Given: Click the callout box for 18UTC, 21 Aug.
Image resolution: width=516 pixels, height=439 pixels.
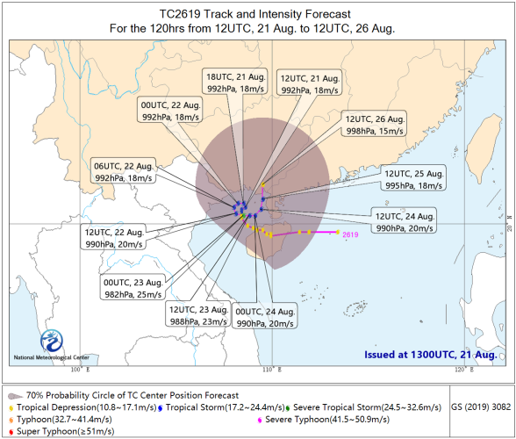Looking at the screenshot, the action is tap(235, 82).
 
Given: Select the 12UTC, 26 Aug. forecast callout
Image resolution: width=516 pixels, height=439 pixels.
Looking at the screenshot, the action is tap(374, 124).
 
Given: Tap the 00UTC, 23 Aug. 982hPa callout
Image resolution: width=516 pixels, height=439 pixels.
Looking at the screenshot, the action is tap(133, 287).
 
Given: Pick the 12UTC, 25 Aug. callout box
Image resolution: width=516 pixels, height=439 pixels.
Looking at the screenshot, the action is tap(413, 178).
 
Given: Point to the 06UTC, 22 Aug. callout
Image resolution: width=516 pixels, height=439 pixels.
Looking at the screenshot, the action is tap(123, 170).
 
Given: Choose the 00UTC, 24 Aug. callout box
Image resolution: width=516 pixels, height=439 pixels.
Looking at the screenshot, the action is tap(265, 316).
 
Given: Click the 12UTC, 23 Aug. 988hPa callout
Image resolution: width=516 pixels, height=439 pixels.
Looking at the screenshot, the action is tap(198, 314).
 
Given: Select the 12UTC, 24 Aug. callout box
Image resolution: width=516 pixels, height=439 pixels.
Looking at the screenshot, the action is tap(404, 220).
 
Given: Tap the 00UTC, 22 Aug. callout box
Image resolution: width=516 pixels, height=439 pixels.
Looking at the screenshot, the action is tap(170, 110).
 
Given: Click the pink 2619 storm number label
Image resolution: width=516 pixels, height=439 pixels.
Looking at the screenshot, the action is tap(350, 234).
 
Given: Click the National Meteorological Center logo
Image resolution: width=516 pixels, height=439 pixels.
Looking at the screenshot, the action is tap(51, 341).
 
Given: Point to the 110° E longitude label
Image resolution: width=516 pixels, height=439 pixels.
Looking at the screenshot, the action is tap(272, 370).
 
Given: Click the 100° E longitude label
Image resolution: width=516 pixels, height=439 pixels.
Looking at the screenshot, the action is tap(81, 370).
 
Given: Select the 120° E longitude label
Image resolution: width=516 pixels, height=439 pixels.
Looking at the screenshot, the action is tap(464, 370).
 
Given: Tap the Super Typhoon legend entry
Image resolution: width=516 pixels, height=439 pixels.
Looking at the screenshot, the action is tap(61, 431).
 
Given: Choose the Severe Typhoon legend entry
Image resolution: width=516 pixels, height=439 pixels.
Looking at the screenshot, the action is tap(324, 419).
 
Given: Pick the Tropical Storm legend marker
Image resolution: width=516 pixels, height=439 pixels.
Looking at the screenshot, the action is tap(161, 408).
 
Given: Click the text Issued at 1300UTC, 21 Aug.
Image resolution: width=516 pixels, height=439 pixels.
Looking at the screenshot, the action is tap(430, 355).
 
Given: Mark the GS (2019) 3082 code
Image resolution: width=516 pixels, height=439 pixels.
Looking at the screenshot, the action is tap(481, 407).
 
